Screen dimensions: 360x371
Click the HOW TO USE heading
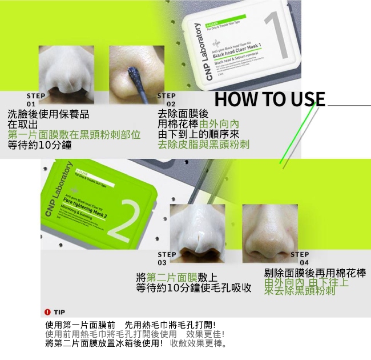[269, 99]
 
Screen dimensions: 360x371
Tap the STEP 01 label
[31, 99]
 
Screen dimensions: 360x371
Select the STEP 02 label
[167, 99]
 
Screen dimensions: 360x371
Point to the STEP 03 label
[167, 258]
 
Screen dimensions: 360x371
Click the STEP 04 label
[299, 258]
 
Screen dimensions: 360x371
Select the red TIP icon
[48, 312]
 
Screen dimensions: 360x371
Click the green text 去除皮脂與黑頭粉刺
[204, 145]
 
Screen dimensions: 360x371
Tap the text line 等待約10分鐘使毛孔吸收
[194, 288]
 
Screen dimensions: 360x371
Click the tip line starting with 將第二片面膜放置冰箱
[136, 343]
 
